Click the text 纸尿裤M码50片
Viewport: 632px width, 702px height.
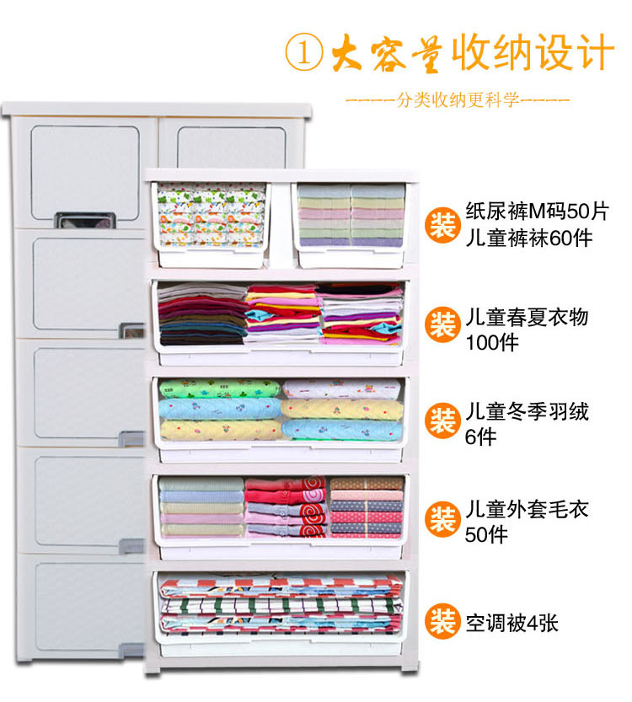(537, 211)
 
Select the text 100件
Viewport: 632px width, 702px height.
(493, 343)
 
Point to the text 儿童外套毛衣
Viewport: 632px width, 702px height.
(527, 510)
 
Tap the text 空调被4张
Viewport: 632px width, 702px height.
(511, 624)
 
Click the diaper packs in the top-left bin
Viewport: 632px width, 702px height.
(211, 215)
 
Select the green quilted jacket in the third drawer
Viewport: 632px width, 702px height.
(219, 389)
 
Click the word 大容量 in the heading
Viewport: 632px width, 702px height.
(379, 52)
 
